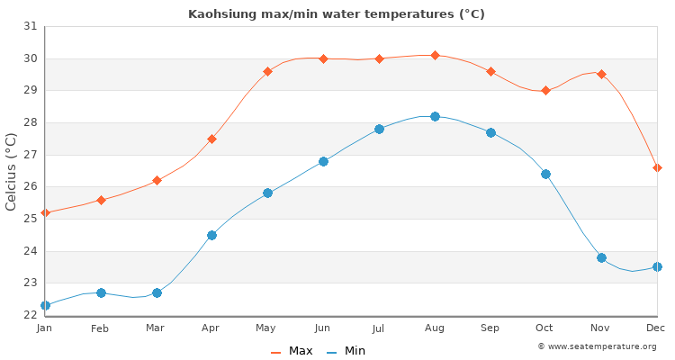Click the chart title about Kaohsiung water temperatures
(x=337, y=13)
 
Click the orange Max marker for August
(x=435, y=56)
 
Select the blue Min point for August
(x=435, y=116)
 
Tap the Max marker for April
(x=211, y=139)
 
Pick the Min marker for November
(x=601, y=257)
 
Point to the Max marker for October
(x=545, y=90)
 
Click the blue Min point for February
(x=101, y=292)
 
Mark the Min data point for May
(x=267, y=193)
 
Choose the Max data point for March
(x=157, y=180)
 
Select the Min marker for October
(x=545, y=174)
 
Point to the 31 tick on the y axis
(x=30, y=27)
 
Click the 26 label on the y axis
(x=30, y=187)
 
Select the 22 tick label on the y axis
(x=30, y=315)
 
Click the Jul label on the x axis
(x=378, y=328)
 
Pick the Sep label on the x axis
(x=490, y=328)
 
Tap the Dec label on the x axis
(x=655, y=328)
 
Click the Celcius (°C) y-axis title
(x=12, y=171)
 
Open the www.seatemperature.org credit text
(x=597, y=346)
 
